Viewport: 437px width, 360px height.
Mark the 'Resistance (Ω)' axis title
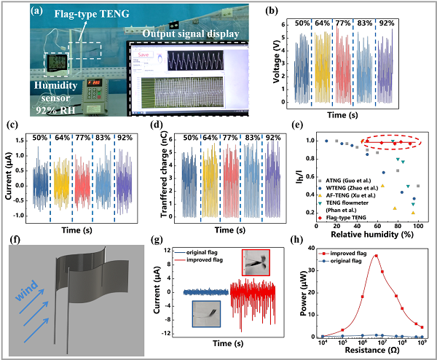[x=369, y=353]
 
